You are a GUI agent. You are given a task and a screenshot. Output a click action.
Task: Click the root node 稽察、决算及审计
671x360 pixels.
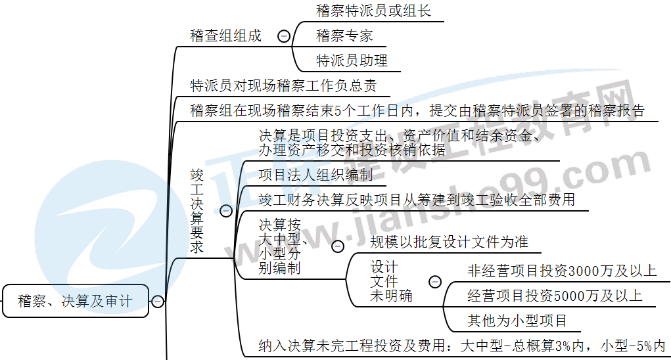(76, 302)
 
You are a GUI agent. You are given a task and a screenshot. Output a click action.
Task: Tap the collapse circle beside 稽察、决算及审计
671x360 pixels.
(158, 302)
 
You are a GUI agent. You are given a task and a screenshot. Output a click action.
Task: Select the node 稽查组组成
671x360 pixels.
(225, 35)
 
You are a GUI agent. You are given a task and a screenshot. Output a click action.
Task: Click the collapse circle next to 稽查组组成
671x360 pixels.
(284, 36)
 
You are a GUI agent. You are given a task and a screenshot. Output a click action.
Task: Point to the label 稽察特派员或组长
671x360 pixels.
(373, 11)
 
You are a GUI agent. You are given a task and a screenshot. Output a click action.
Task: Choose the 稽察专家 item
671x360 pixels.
(344, 35)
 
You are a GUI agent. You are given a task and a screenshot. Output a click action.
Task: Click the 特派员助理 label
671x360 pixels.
(352, 60)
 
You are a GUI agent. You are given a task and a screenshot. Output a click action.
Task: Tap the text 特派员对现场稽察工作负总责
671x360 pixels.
(283, 85)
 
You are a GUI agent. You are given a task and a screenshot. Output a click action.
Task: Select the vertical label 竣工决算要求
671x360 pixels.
(197, 211)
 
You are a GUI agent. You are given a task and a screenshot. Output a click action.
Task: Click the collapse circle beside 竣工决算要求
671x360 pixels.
(226, 211)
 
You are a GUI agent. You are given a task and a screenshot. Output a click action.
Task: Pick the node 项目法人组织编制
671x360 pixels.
(315, 175)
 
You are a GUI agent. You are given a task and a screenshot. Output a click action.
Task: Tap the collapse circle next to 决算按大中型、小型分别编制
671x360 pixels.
(337, 246)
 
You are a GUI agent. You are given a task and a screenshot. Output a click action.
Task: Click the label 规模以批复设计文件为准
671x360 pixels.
(449, 242)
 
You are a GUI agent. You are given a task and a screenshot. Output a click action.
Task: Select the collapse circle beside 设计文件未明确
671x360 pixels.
(434, 282)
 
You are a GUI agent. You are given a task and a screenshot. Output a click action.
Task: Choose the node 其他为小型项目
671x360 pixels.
(517, 321)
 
